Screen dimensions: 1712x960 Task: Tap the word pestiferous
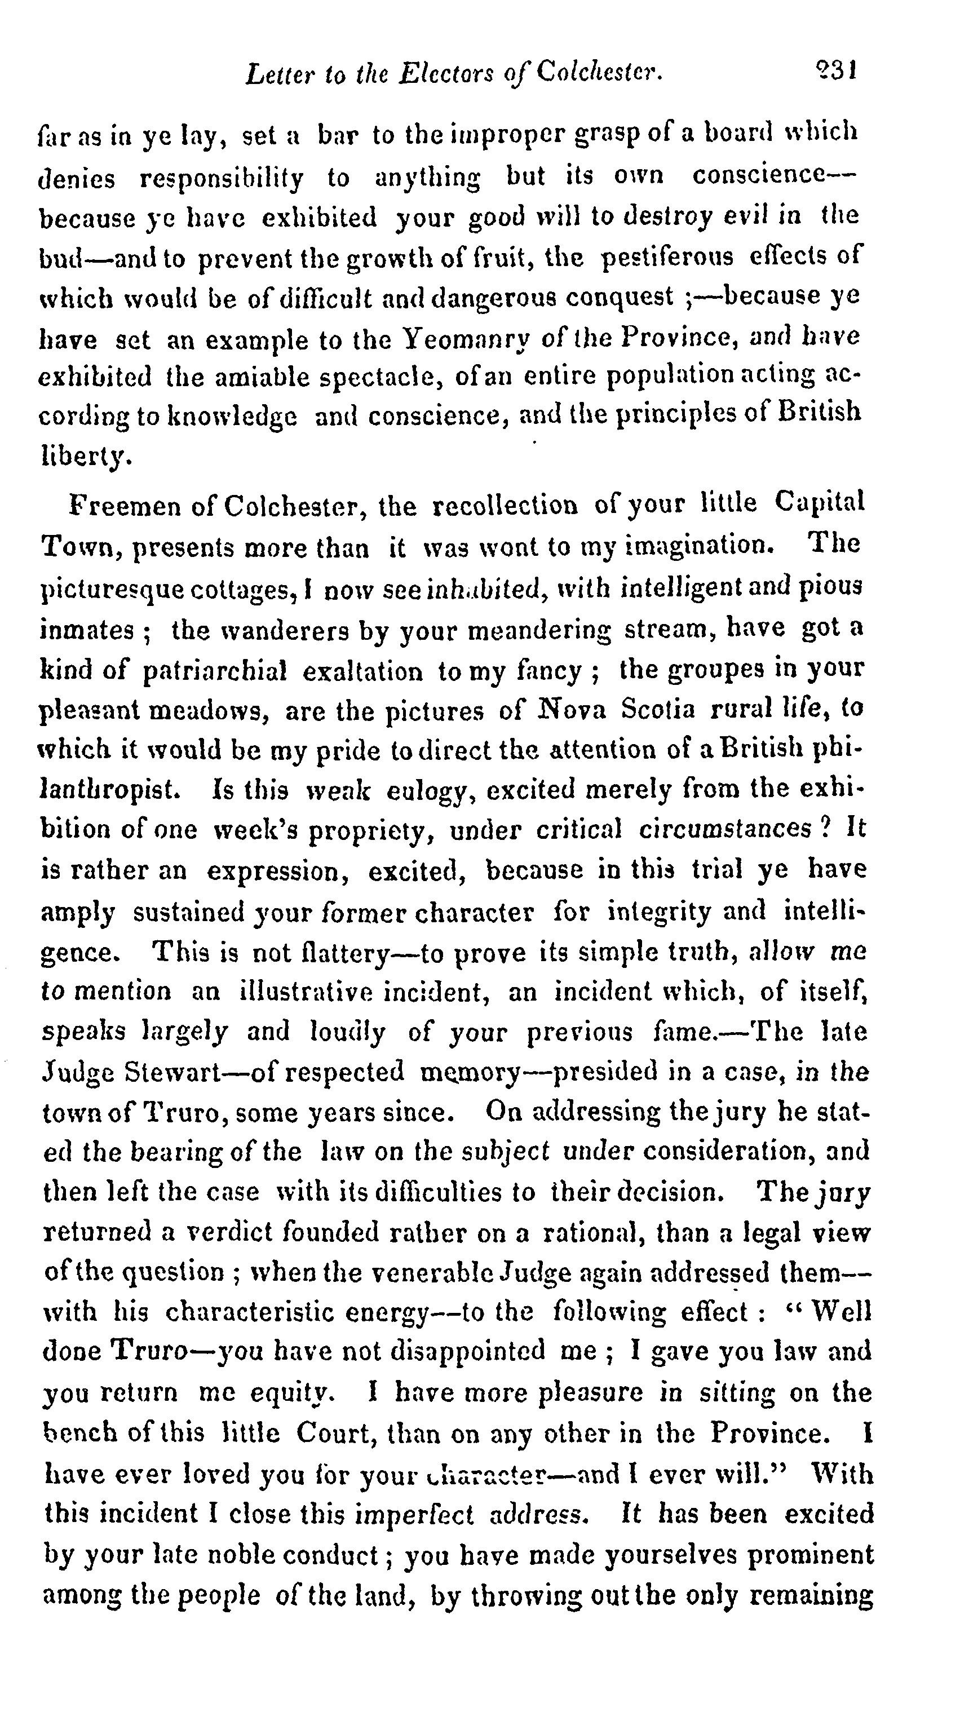click(x=667, y=256)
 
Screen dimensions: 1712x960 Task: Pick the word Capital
click(x=819, y=503)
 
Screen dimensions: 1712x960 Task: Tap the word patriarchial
click(x=215, y=671)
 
